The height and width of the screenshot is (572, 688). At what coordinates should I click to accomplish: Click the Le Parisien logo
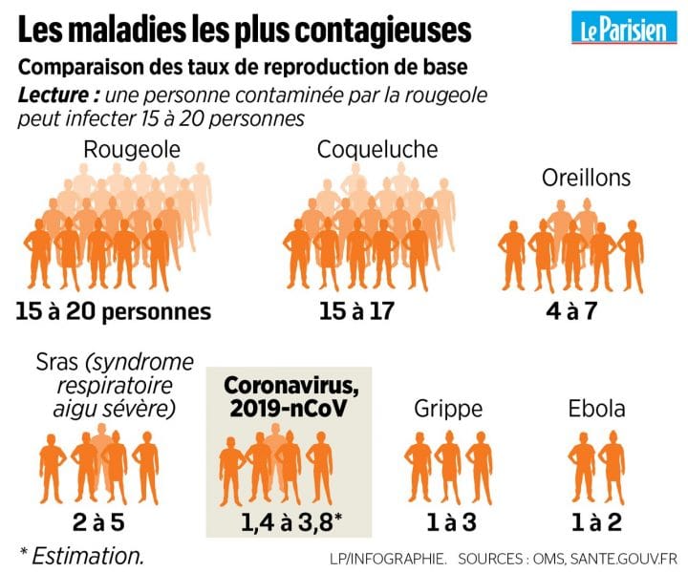click(622, 29)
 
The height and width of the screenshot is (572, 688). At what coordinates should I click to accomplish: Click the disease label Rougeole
click(131, 150)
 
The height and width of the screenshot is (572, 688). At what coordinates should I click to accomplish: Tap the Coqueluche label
click(377, 150)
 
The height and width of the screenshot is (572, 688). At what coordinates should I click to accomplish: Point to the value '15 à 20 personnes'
click(113, 311)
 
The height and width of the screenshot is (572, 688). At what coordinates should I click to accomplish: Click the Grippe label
click(448, 409)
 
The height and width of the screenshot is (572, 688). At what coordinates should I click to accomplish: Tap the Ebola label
click(596, 409)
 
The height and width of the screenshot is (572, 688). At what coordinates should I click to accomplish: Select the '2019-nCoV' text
click(288, 408)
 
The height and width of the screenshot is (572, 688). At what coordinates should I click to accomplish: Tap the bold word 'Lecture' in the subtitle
click(56, 95)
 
